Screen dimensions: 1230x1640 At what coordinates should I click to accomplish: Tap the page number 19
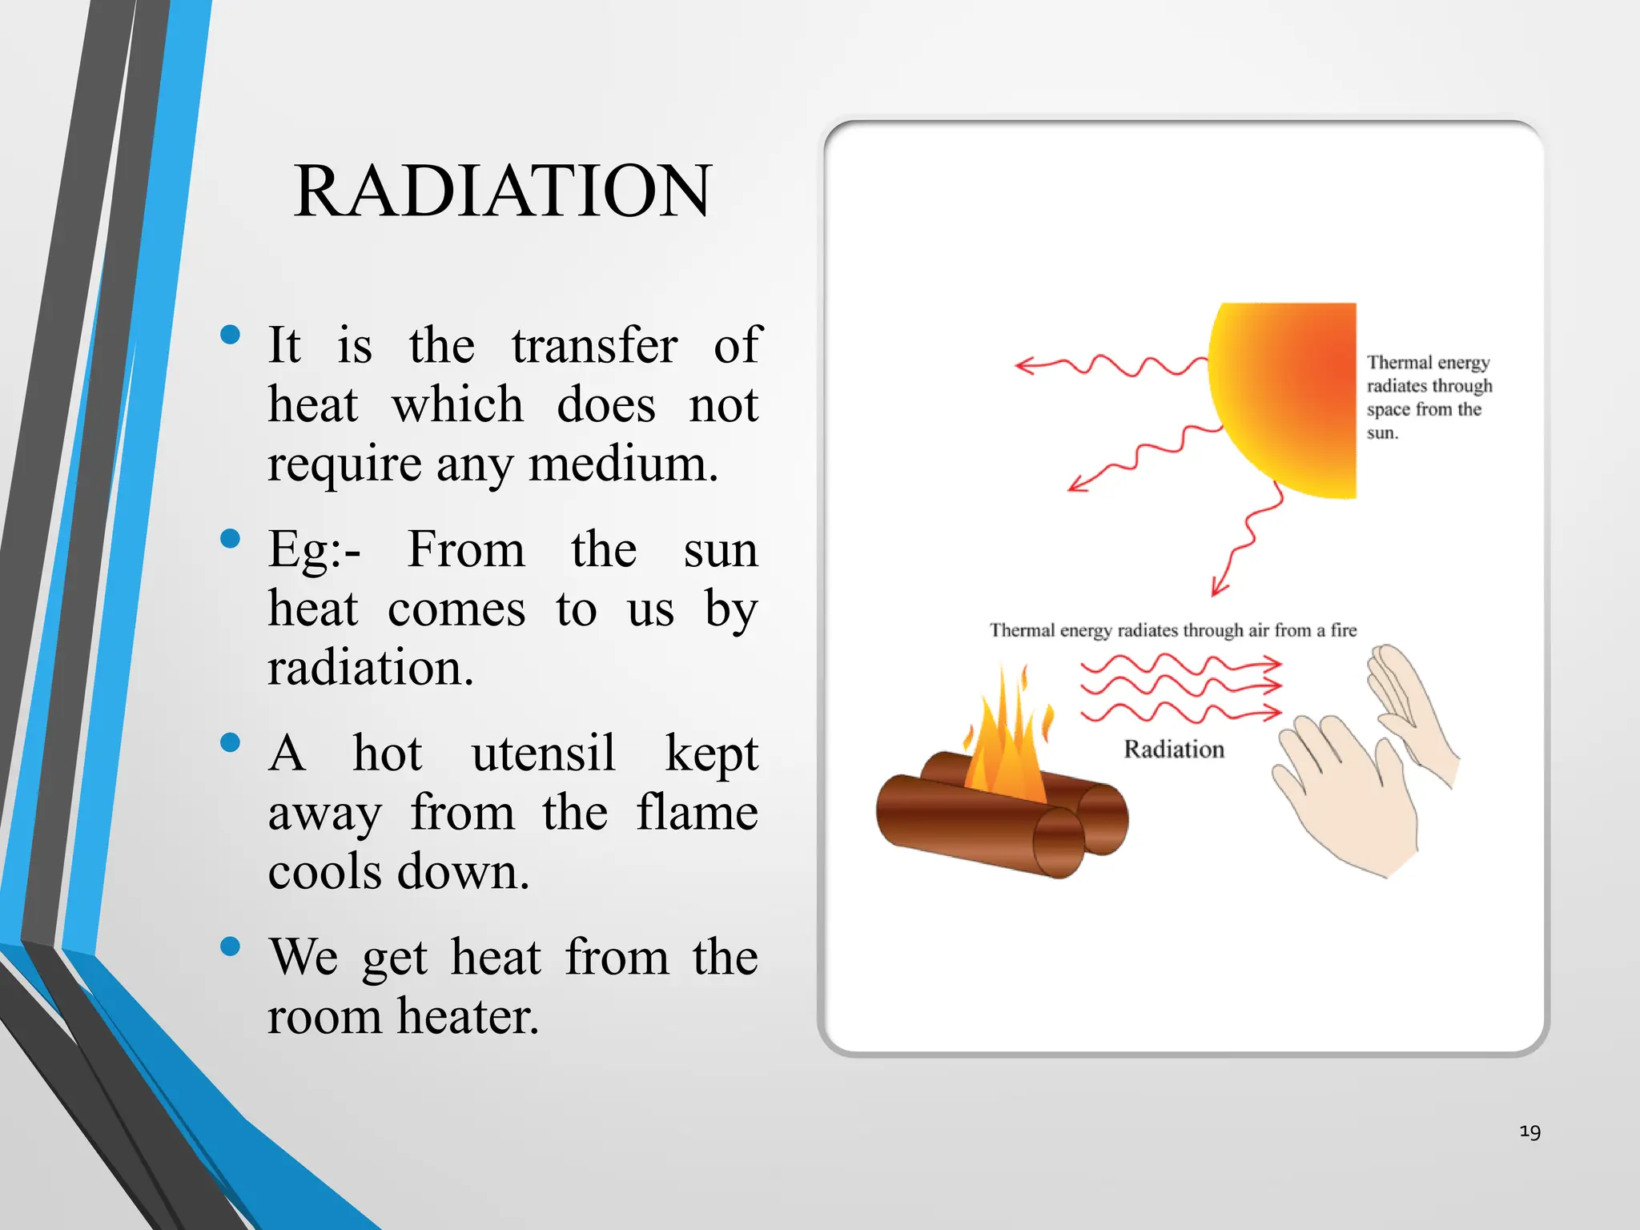[1529, 1132]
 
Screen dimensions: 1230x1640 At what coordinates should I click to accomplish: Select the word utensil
[543, 754]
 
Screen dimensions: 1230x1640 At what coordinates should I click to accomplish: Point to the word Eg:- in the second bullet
[314, 551]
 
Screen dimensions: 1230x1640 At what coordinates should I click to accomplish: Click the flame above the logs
[1006, 745]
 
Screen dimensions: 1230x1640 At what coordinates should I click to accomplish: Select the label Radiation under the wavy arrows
[1174, 750]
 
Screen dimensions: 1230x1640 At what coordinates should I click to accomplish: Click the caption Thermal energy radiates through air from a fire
[1173, 630]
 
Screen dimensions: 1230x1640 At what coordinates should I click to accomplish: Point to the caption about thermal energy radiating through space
[1428, 397]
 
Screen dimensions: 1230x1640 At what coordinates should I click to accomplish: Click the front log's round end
[1059, 842]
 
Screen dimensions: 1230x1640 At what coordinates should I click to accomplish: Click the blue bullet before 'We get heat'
[230, 947]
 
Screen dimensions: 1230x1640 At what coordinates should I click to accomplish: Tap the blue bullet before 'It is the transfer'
[230, 335]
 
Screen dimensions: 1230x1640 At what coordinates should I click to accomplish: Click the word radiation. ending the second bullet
[370, 668]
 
